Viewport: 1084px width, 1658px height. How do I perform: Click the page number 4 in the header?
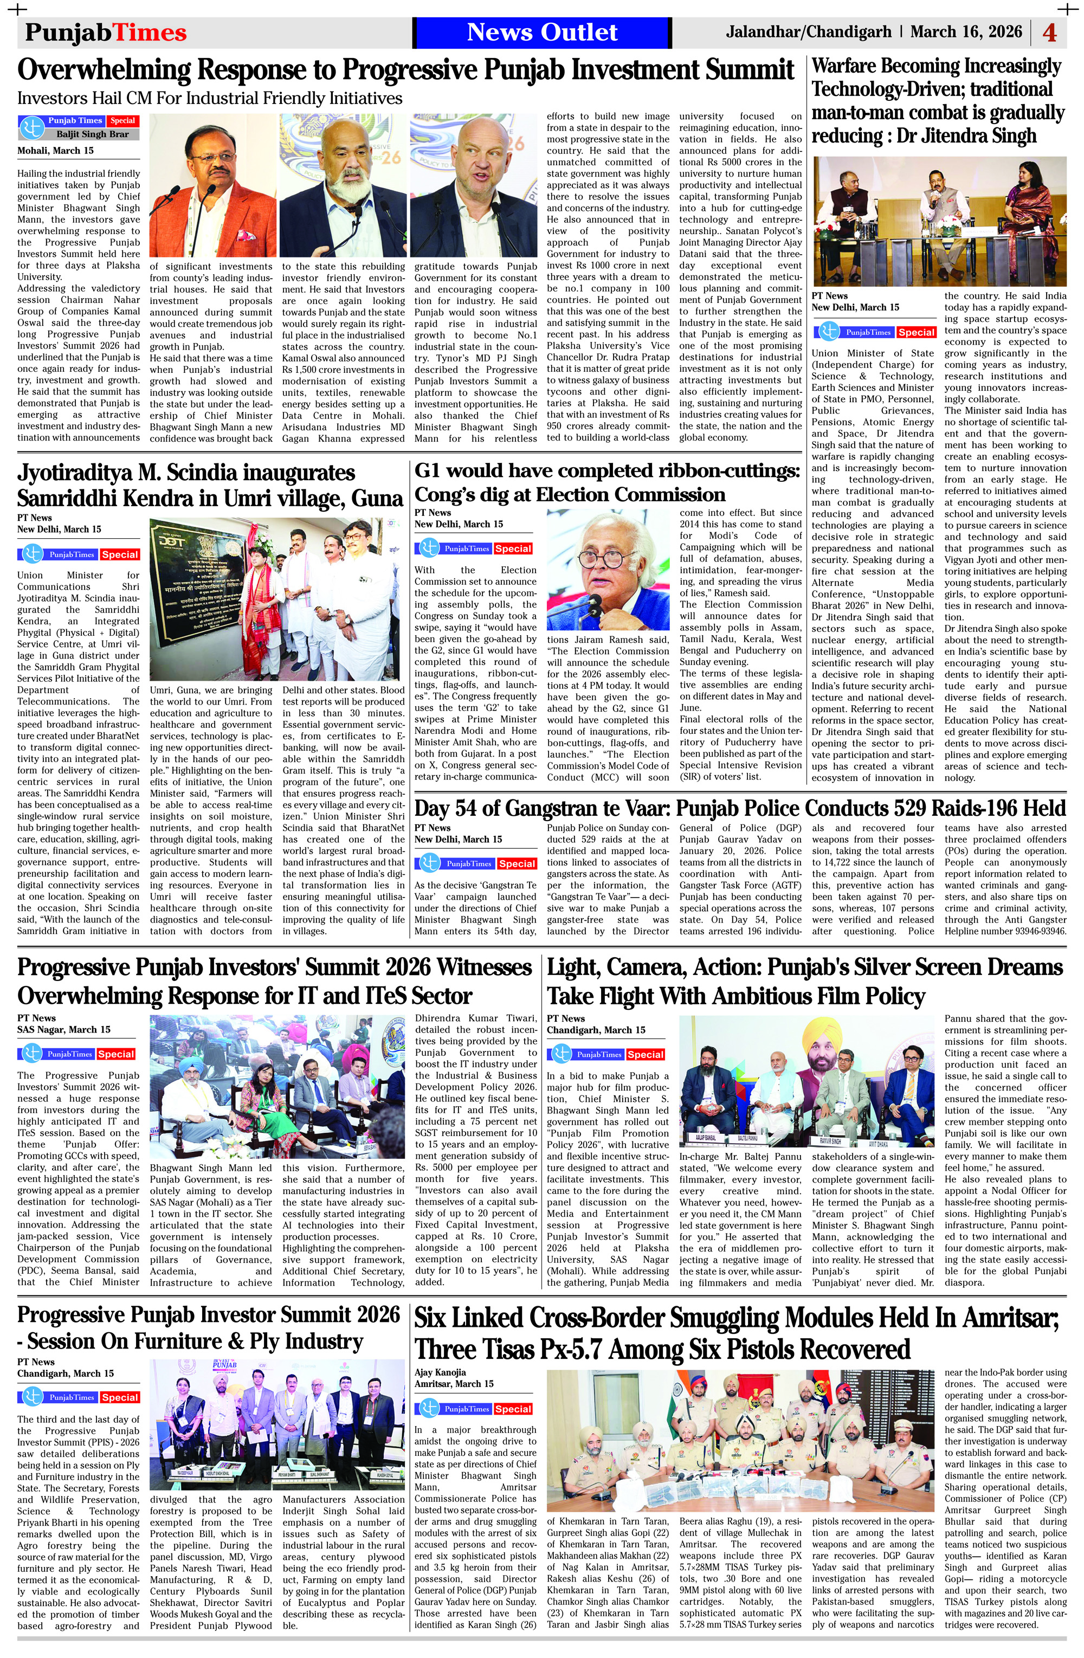tap(1049, 33)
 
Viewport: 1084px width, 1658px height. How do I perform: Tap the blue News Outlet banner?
tap(541, 32)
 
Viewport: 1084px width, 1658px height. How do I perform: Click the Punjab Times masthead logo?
tap(106, 33)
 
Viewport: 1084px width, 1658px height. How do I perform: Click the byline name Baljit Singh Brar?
tap(93, 134)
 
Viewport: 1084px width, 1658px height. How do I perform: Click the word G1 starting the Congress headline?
tap(430, 471)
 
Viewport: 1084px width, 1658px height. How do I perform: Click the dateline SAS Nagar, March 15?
tap(63, 1030)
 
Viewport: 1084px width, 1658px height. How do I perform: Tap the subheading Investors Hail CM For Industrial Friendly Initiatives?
tap(210, 98)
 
